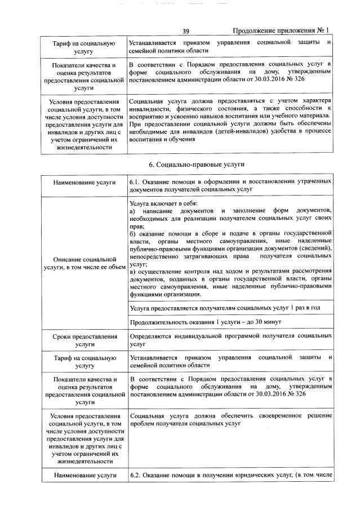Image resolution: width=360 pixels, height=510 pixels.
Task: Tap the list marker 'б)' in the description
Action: tap(132, 232)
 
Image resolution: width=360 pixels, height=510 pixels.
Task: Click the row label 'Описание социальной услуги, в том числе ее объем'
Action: tap(84, 263)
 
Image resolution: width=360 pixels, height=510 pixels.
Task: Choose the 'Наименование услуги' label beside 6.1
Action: tap(84, 183)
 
